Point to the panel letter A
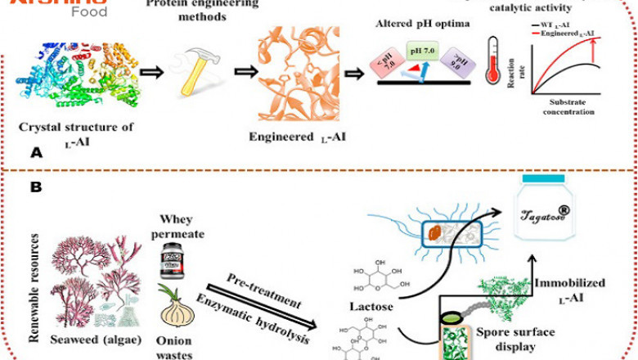tap(34, 153)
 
